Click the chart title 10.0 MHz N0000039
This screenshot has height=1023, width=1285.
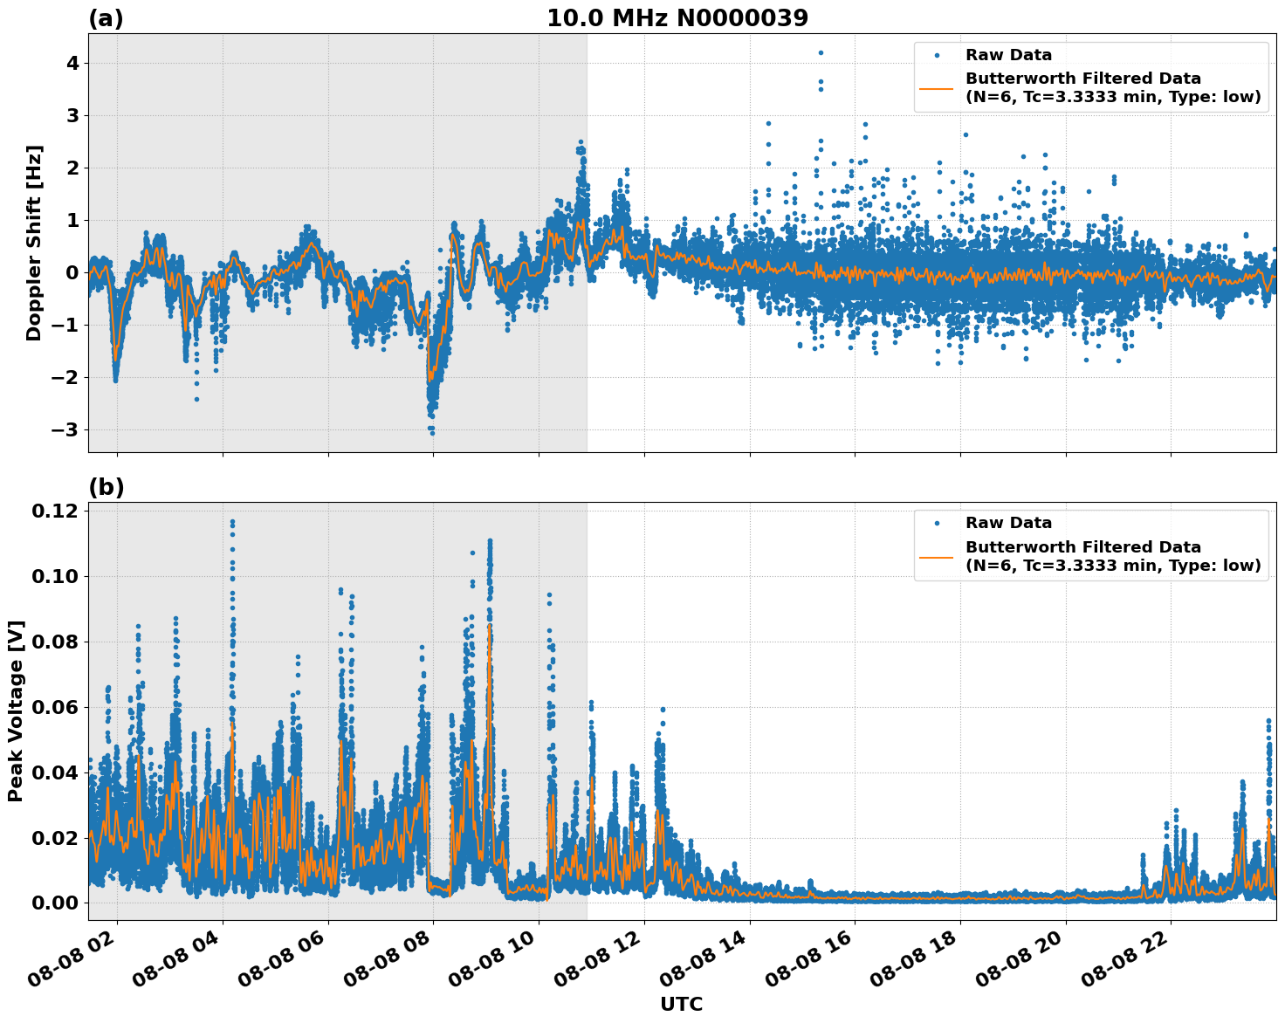(x=677, y=18)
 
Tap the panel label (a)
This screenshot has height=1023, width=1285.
(x=107, y=18)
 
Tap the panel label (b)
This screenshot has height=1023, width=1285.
(x=107, y=487)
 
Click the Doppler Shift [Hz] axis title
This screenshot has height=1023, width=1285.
(x=34, y=243)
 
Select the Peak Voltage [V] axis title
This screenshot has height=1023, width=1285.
(x=16, y=711)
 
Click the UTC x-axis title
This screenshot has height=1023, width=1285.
(x=681, y=1004)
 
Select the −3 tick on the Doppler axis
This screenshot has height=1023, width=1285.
(x=65, y=430)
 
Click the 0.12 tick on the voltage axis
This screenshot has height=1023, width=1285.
(x=59, y=511)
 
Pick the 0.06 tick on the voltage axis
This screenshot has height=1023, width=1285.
(x=59, y=707)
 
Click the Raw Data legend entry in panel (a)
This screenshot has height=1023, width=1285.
(x=1008, y=55)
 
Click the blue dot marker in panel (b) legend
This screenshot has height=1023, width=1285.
(x=937, y=524)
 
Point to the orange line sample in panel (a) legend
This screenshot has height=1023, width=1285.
(x=937, y=88)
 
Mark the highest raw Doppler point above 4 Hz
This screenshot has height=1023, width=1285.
(x=821, y=52)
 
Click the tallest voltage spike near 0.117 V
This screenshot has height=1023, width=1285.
(x=232, y=522)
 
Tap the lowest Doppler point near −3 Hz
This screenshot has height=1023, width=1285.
(x=431, y=432)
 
